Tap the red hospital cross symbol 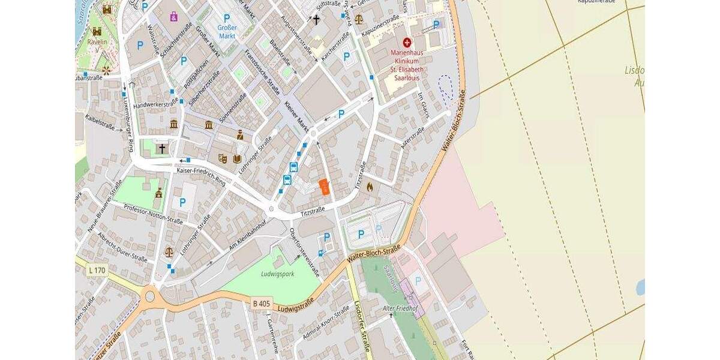tap(407, 43)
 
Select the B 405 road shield tap(261, 304)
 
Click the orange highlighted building tap(324, 187)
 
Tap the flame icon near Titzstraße tap(369, 187)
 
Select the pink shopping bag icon tap(173, 16)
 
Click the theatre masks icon tap(223, 158)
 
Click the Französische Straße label tap(262, 72)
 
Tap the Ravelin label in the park tap(97, 42)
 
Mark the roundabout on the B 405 tap(149, 295)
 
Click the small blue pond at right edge tap(640, 287)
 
